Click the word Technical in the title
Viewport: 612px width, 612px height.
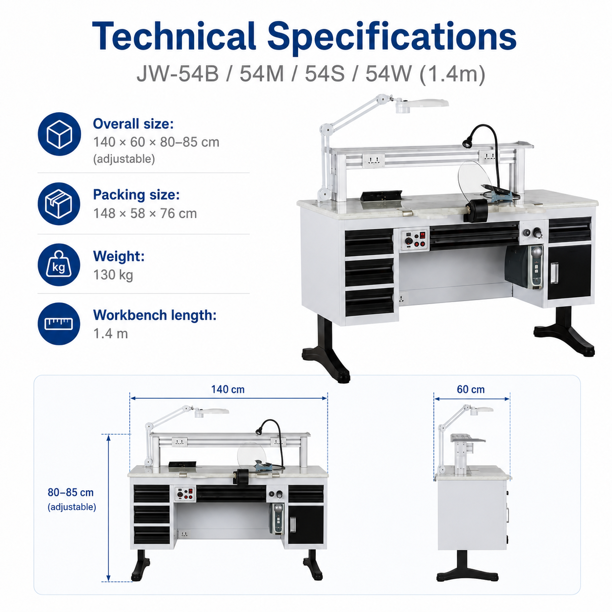pos(174,36)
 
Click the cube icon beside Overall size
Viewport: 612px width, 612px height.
pos(59,134)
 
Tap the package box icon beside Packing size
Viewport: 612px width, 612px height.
pos(59,204)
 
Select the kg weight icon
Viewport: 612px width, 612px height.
pos(59,265)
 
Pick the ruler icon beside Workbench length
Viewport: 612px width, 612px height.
pos(59,324)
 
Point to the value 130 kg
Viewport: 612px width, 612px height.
pos(113,275)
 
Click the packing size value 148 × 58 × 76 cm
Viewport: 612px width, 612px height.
pos(145,213)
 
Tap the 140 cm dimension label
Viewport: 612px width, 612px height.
pos(228,389)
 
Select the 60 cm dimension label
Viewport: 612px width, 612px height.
pos(470,389)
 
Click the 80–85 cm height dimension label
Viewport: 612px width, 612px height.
pos(70,492)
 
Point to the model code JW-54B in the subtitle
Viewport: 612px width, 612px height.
pos(178,74)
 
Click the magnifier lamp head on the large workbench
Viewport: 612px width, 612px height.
pos(421,105)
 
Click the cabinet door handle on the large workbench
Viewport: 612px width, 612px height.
pos(555,273)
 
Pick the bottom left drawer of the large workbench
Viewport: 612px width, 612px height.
pos(369,302)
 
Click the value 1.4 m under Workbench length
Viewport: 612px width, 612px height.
pos(110,334)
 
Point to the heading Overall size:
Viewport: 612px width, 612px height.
pos(133,124)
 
